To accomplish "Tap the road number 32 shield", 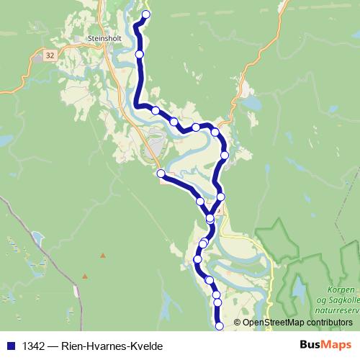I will [x=48, y=55].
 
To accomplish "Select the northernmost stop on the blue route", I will [x=146, y=14].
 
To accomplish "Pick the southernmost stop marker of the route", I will [x=219, y=326].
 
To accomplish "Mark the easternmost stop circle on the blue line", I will [x=225, y=155].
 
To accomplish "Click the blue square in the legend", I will [x=11, y=346].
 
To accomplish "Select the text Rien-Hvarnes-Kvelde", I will [x=112, y=346].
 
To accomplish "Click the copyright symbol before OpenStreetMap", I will [x=237, y=323].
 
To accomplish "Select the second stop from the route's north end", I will [x=139, y=54].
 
